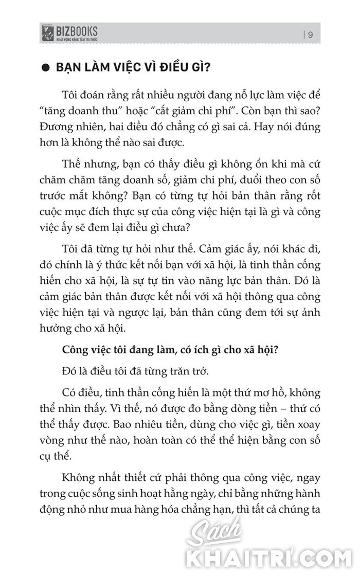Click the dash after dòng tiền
pos(267,407)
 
